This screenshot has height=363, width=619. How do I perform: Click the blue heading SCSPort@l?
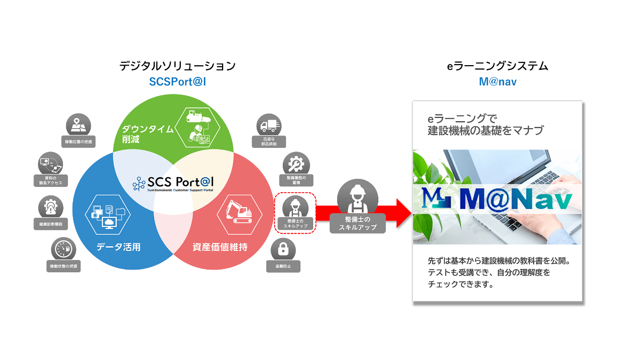point(177,82)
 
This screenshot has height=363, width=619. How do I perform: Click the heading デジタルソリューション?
point(177,67)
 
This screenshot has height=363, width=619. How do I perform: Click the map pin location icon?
point(78,125)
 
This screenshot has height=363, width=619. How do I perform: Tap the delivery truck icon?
point(268,126)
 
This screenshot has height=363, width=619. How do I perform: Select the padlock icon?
point(284,249)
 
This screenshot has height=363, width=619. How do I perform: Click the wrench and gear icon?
point(296,163)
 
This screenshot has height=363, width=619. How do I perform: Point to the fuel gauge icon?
point(64,250)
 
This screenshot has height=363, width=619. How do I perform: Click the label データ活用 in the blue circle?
point(118,247)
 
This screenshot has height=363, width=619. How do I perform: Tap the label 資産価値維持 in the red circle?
point(219,247)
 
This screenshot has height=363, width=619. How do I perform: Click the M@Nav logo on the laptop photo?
point(496,200)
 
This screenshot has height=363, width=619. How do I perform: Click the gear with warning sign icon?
point(51,207)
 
